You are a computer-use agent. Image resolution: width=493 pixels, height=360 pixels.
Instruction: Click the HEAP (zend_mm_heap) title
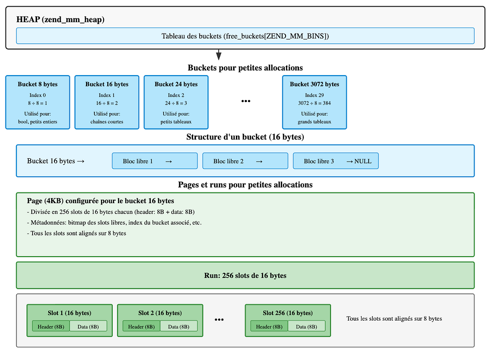click(60, 20)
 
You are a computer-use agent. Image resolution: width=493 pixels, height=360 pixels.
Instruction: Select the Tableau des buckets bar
click(245, 36)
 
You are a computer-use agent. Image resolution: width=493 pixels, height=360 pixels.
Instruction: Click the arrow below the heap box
click(219, 54)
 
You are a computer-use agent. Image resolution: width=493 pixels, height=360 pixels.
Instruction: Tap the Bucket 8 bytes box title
click(38, 84)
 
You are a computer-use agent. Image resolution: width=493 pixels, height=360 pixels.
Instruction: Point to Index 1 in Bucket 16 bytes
click(107, 95)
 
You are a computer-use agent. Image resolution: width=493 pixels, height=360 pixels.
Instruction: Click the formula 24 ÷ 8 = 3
click(176, 103)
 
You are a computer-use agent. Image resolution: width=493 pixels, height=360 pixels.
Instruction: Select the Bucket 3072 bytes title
click(314, 84)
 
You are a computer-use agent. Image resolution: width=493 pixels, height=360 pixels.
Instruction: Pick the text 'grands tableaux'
click(314, 122)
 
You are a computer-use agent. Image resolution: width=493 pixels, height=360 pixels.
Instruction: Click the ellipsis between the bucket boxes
click(246, 101)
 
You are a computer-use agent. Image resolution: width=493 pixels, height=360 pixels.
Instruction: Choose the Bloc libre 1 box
click(155, 161)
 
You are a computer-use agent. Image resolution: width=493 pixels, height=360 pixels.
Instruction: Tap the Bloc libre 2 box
click(245, 161)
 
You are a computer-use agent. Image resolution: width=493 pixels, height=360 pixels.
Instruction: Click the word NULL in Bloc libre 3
click(363, 161)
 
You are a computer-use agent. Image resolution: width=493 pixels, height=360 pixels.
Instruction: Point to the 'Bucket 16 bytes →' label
click(56, 161)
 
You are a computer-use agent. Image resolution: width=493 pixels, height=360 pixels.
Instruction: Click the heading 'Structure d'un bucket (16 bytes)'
click(245, 137)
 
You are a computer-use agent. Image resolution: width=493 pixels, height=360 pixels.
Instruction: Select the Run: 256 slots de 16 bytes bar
click(245, 275)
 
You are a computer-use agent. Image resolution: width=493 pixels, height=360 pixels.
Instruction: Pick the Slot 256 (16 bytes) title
click(288, 313)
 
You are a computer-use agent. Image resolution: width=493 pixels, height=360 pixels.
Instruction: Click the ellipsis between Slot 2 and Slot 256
click(219, 320)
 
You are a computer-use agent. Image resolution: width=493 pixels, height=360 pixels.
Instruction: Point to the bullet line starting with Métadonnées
click(114, 223)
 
